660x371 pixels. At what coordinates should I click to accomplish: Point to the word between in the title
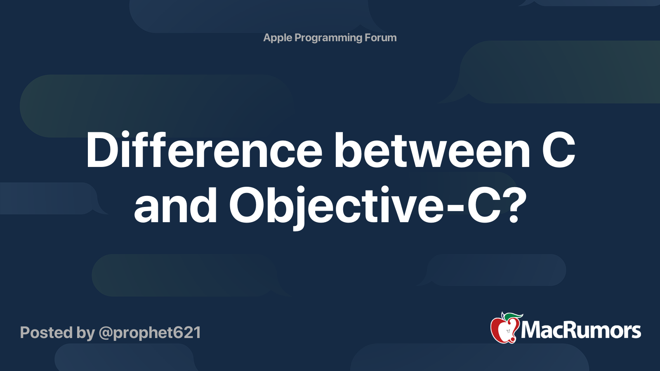[433, 150]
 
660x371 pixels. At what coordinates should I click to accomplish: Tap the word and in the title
[175, 205]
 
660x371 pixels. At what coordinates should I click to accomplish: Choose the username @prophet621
[150, 333]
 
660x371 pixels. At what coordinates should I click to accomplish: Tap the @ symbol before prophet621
[106, 333]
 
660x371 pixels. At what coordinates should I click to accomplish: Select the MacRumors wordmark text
[581, 330]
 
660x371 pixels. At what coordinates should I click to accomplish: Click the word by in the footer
[85, 333]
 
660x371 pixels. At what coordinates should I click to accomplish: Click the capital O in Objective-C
[247, 206]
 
